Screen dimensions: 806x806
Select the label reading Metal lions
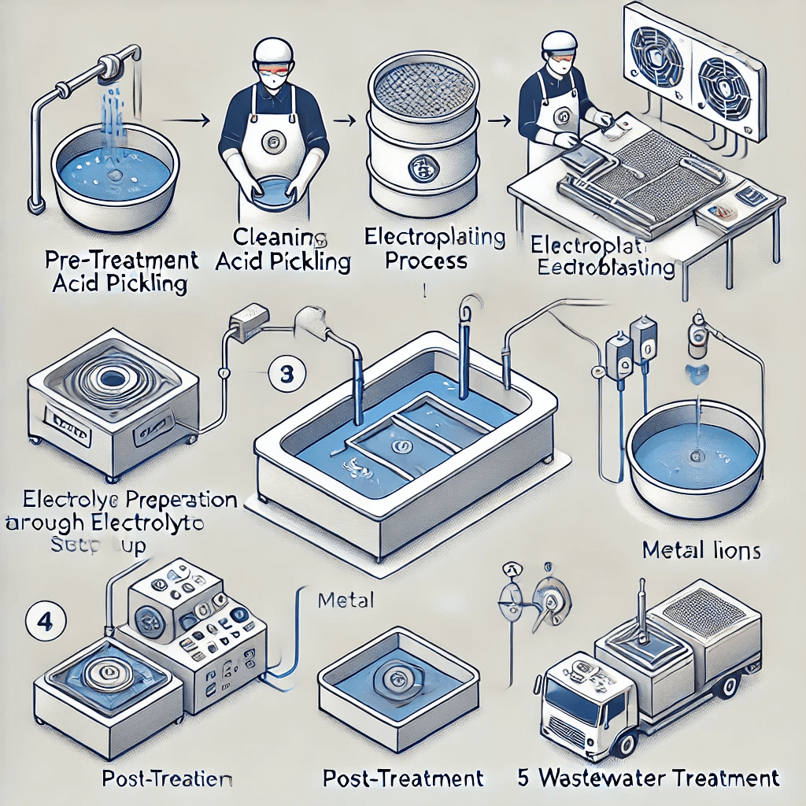[x=701, y=550]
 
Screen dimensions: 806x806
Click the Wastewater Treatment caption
[x=648, y=778]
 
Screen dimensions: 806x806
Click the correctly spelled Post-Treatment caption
[x=403, y=778]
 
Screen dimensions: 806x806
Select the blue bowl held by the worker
[x=272, y=194]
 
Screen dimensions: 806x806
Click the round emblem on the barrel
[x=423, y=168]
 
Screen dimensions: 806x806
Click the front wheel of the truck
[x=627, y=745]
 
